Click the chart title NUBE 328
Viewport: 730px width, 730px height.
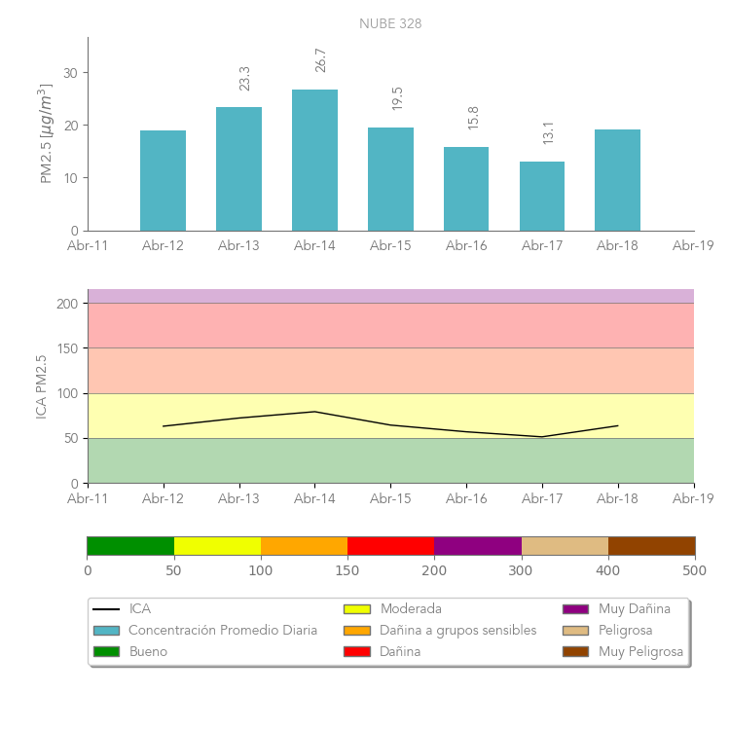(390, 23)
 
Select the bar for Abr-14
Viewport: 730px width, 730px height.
(314, 161)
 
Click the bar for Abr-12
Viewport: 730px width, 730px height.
(163, 180)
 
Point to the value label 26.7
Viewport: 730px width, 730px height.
(320, 60)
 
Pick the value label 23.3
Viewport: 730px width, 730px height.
(244, 78)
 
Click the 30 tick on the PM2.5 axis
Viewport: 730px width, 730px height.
(70, 73)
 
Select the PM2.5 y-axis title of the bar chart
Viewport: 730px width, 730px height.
(45, 133)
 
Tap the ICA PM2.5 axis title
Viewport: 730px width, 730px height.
(41, 386)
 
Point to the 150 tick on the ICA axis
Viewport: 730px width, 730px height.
(66, 348)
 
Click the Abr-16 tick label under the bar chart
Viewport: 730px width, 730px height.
(466, 246)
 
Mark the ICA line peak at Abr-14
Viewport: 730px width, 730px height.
(314, 412)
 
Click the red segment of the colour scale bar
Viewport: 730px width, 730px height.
(390, 546)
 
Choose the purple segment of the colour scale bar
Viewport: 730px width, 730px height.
(478, 546)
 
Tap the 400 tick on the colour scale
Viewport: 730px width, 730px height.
(608, 570)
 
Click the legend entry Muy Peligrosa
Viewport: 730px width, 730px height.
(640, 652)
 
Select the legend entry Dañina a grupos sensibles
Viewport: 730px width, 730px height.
(457, 631)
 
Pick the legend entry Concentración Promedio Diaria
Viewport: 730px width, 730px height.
(223, 631)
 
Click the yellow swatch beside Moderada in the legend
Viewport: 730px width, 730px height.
(357, 609)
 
